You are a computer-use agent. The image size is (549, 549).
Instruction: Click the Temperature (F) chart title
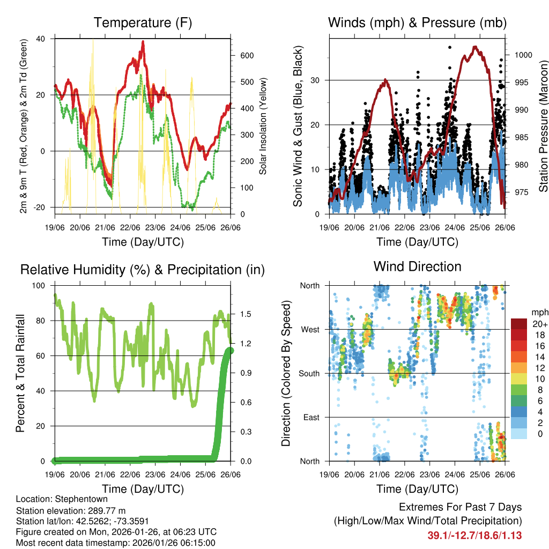143,23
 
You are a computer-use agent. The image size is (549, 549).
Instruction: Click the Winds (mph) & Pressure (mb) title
417,23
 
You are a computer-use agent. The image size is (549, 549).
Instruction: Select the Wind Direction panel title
417,266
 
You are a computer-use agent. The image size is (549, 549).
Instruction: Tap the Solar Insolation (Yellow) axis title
263,127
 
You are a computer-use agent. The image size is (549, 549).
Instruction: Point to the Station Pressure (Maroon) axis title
543,127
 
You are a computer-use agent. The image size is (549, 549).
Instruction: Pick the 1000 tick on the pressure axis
523,55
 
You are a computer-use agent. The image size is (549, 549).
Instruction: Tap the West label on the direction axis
309,329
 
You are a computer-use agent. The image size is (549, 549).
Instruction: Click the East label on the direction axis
310,417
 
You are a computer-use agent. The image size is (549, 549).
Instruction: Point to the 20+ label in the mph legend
539,324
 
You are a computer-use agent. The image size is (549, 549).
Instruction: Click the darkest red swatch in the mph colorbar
518,324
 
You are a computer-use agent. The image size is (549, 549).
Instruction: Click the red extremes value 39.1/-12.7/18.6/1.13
474,535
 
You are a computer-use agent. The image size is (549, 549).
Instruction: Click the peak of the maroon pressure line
474,47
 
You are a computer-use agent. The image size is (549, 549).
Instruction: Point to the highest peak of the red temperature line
143,42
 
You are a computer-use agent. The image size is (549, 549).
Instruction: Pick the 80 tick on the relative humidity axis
42,321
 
